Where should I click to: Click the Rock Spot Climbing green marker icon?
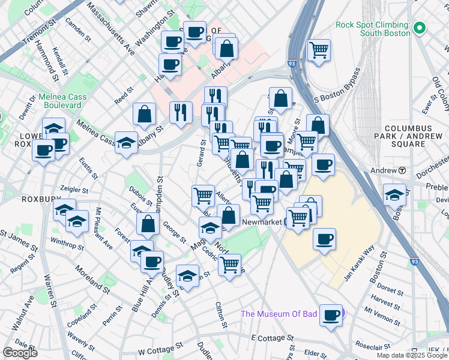coord(420,28)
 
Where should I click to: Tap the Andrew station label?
coord(384,170)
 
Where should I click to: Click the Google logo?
coord(20,353)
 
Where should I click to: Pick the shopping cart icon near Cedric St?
coord(229,263)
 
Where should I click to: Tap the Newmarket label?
coord(262,222)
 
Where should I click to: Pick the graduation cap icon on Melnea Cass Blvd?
coord(126,142)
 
